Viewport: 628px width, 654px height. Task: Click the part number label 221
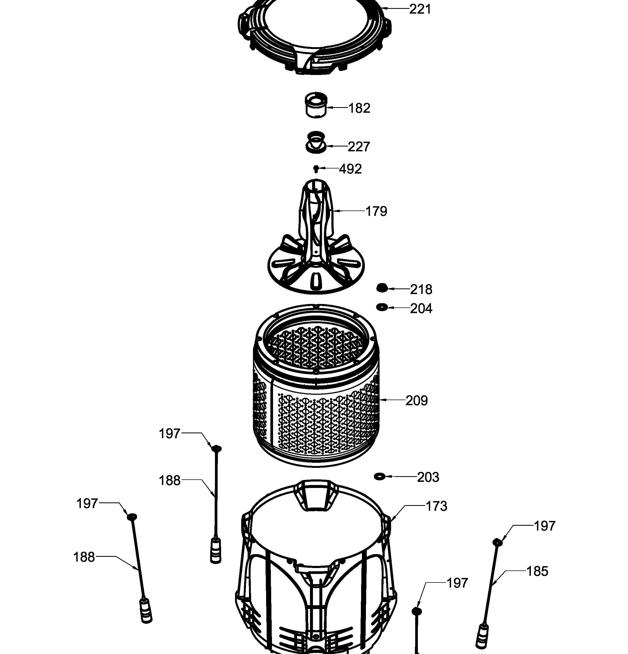pos(420,9)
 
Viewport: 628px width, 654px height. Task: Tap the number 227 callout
pos(359,147)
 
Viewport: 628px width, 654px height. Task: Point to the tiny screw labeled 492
pos(316,169)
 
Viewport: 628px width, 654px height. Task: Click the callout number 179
pos(376,211)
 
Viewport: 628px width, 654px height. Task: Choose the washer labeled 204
pos(382,307)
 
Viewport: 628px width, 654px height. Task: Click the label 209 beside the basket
pos(417,400)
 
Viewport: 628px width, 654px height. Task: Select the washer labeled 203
pos(380,476)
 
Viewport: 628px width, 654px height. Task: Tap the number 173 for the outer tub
pos(436,506)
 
